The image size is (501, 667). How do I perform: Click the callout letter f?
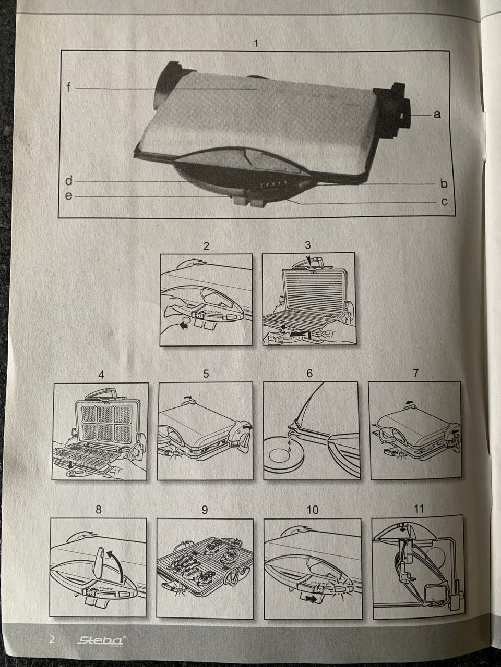tap(69, 88)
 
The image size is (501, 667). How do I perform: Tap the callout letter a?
tap(437, 114)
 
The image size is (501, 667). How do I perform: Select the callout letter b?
tap(444, 183)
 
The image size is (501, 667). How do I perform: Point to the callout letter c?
tap(444, 202)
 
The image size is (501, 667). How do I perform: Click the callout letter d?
tap(69, 181)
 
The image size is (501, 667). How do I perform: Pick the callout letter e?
tap(69, 196)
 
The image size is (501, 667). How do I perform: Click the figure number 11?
tap(419, 509)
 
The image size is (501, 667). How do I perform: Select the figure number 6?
tap(309, 374)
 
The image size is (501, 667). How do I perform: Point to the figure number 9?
tap(205, 510)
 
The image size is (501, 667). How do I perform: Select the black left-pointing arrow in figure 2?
tap(183, 326)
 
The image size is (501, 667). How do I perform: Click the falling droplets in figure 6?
tap(289, 441)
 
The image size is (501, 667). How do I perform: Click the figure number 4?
tap(101, 375)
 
